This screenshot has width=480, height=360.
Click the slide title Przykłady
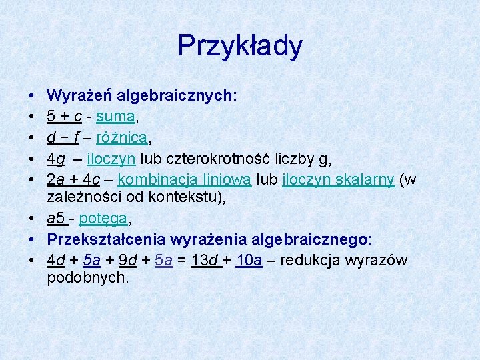(x=240, y=46)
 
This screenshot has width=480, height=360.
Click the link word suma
(x=116, y=117)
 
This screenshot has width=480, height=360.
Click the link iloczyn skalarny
(x=338, y=181)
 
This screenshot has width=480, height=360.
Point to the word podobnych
(x=87, y=277)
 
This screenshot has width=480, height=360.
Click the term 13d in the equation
(x=203, y=260)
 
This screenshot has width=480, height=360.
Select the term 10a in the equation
(x=249, y=260)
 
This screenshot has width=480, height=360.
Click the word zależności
(x=81, y=198)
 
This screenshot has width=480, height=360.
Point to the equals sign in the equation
(x=182, y=260)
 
